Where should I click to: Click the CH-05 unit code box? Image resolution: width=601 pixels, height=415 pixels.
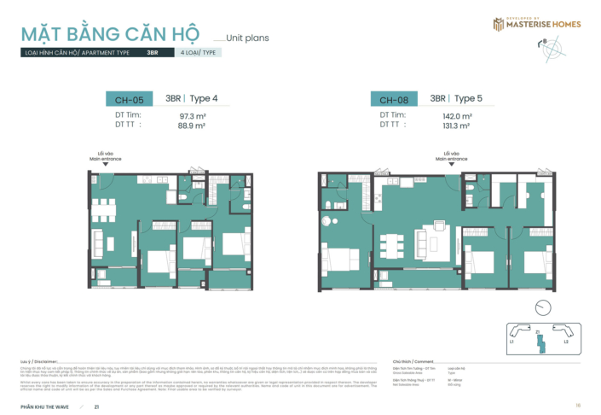129,99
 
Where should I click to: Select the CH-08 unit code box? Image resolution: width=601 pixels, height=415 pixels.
393,99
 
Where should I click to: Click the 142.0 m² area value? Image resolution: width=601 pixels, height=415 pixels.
457,115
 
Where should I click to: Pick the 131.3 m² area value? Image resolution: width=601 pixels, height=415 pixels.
457,126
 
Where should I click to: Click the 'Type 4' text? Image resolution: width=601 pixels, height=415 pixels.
204,99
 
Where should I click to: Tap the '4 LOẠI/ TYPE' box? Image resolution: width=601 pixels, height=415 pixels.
199,53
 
